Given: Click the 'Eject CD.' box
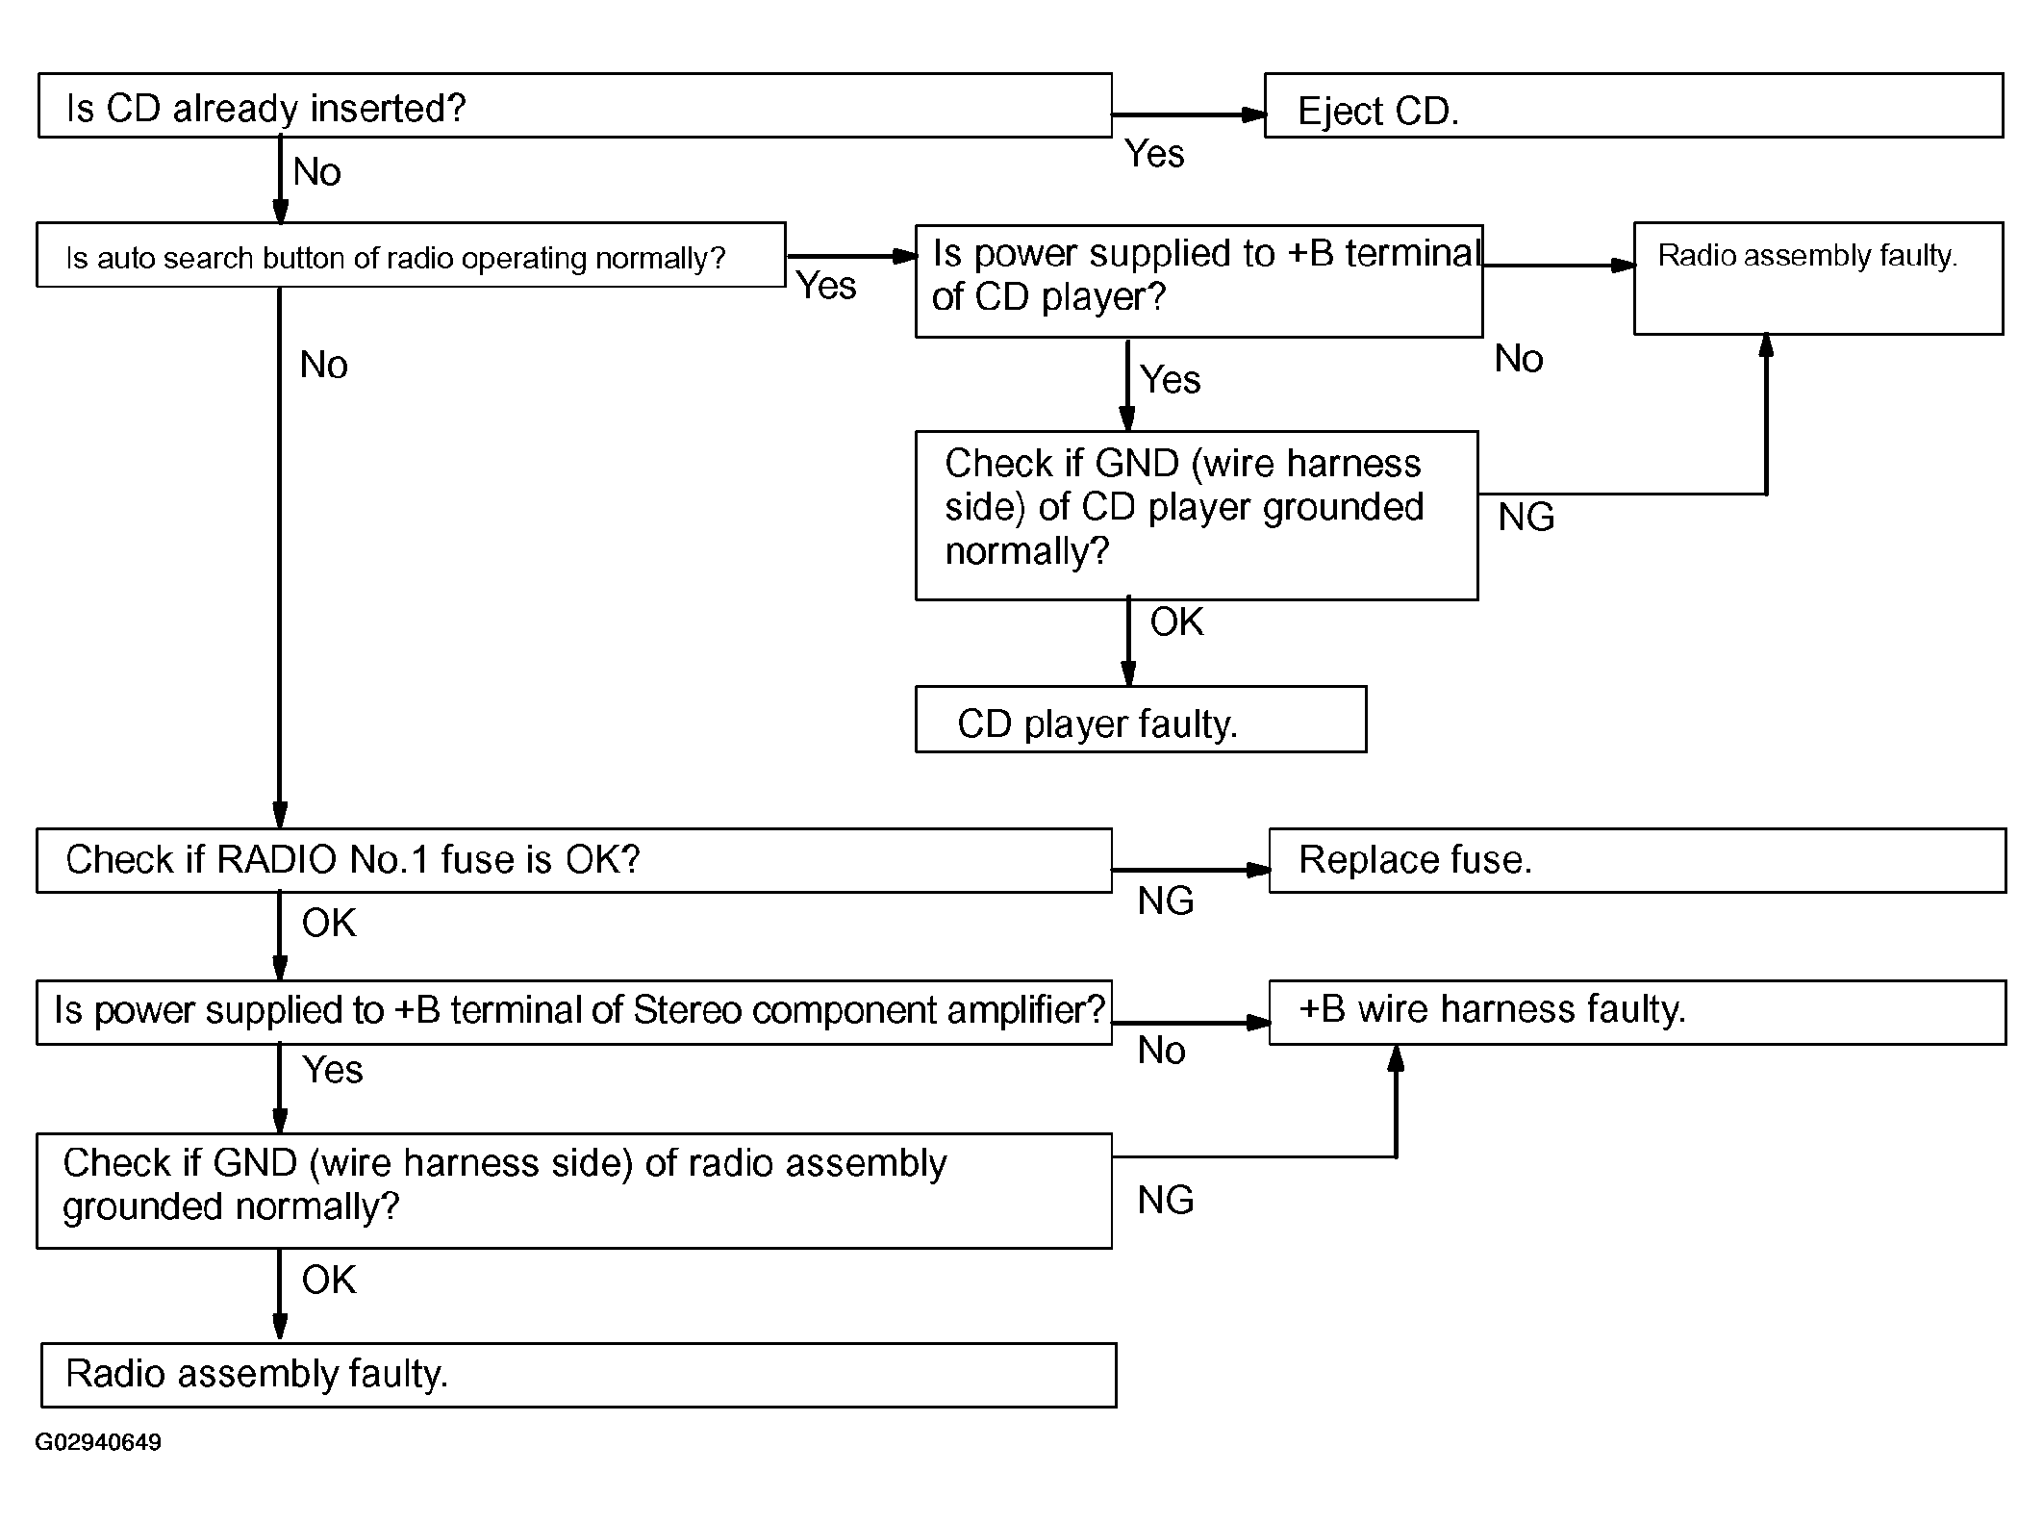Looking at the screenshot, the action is click(x=1633, y=106).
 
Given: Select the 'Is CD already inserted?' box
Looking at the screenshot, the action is click(x=575, y=106).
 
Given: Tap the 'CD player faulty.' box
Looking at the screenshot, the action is click(x=1141, y=720).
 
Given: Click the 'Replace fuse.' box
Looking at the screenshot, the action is click(x=1637, y=861).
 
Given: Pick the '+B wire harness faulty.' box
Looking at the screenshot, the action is click(x=1637, y=1013).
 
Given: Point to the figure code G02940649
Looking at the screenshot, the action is click(x=98, y=1442).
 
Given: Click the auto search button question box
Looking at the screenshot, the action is click(x=411, y=255).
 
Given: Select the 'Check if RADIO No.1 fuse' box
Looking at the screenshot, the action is click(x=574, y=861).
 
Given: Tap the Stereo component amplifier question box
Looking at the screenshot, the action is click(x=574, y=1013).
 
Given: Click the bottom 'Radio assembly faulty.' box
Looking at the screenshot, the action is click(x=579, y=1376).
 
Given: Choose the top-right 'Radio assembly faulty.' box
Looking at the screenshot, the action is click(x=1819, y=279).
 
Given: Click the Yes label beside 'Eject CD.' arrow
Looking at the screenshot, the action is click(x=1154, y=154).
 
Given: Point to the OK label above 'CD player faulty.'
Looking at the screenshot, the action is click(x=1176, y=622).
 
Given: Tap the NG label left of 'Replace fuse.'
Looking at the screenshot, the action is click(x=1166, y=901).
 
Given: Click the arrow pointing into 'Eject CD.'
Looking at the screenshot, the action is click(x=1189, y=114).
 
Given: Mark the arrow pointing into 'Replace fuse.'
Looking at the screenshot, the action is click(x=1191, y=870).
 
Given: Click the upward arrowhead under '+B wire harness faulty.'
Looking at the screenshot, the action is click(x=1396, y=1058).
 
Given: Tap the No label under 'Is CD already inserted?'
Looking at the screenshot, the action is click(x=317, y=172).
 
